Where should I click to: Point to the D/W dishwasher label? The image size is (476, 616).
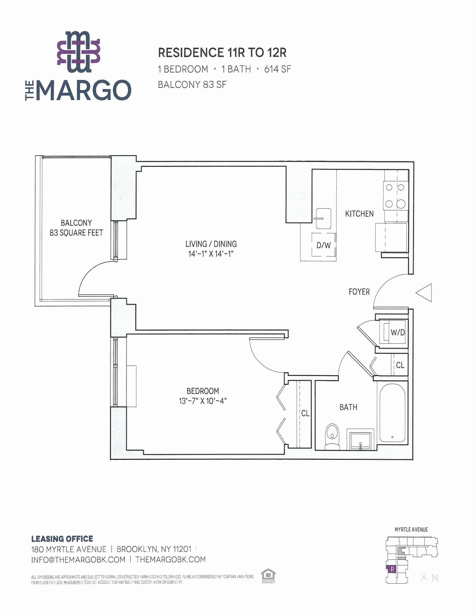tap(323, 245)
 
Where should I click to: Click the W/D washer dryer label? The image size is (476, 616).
tap(398, 332)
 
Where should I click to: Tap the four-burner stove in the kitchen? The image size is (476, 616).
tap(396, 195)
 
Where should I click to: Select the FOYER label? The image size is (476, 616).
tap(359, 292)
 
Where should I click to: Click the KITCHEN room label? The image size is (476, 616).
tap(359, 214)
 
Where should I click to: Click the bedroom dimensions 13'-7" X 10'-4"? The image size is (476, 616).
tap(203, 401)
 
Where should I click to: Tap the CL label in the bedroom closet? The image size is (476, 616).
tap(305, 413)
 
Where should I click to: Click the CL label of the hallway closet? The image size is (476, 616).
tap(400, 365)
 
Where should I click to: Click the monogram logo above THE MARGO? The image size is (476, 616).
tap(79, 52)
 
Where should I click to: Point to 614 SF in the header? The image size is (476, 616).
tap(277, 69)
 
